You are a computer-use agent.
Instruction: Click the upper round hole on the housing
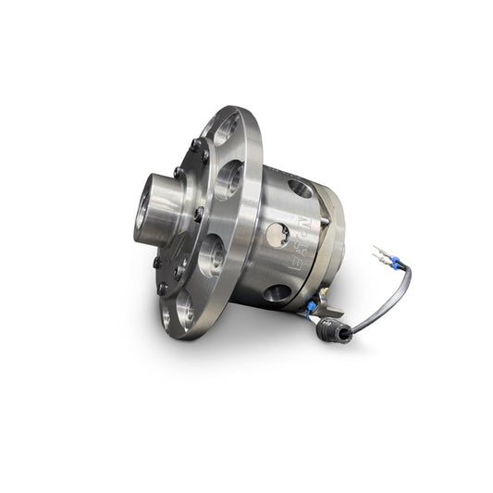pyautogui.click(x=300, y=188)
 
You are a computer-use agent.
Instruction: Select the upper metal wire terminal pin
pyautogui.click(x=377, y=249)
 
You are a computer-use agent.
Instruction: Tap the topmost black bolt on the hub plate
pyautogui.click(x=194, y=143)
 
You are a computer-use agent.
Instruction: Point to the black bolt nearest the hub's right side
pyautogui.click(x=198, y=214)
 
